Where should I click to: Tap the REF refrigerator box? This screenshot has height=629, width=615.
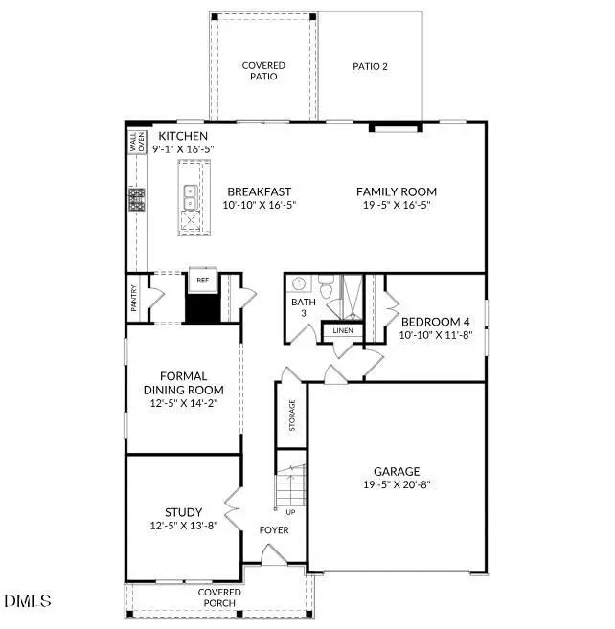[202, 280]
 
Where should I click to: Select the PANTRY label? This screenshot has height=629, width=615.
[134, 299]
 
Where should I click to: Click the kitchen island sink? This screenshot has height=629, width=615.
[190, 196]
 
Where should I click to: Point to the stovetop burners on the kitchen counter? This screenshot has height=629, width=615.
[137, 199]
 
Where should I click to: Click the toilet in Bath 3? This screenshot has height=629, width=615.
[326, 285]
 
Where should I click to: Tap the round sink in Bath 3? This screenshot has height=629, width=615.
[299, 284]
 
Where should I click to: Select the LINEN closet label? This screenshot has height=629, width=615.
[342, 331]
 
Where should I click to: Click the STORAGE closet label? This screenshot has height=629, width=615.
[292, 415]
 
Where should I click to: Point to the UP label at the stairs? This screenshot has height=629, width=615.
[290, 512]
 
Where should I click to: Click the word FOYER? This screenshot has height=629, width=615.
[274, 529]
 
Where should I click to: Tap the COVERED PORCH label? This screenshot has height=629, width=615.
[219, 598]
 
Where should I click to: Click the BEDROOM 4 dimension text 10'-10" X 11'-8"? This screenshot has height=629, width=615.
[435, 335]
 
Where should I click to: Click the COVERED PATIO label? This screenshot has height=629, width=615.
[263, 70]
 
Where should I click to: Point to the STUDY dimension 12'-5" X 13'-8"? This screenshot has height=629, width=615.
[183, 526]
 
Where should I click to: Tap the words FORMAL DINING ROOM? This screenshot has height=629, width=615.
[183, 383]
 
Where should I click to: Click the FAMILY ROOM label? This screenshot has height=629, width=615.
[397, 191]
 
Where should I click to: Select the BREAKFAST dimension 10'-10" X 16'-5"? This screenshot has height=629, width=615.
[258, 205]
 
